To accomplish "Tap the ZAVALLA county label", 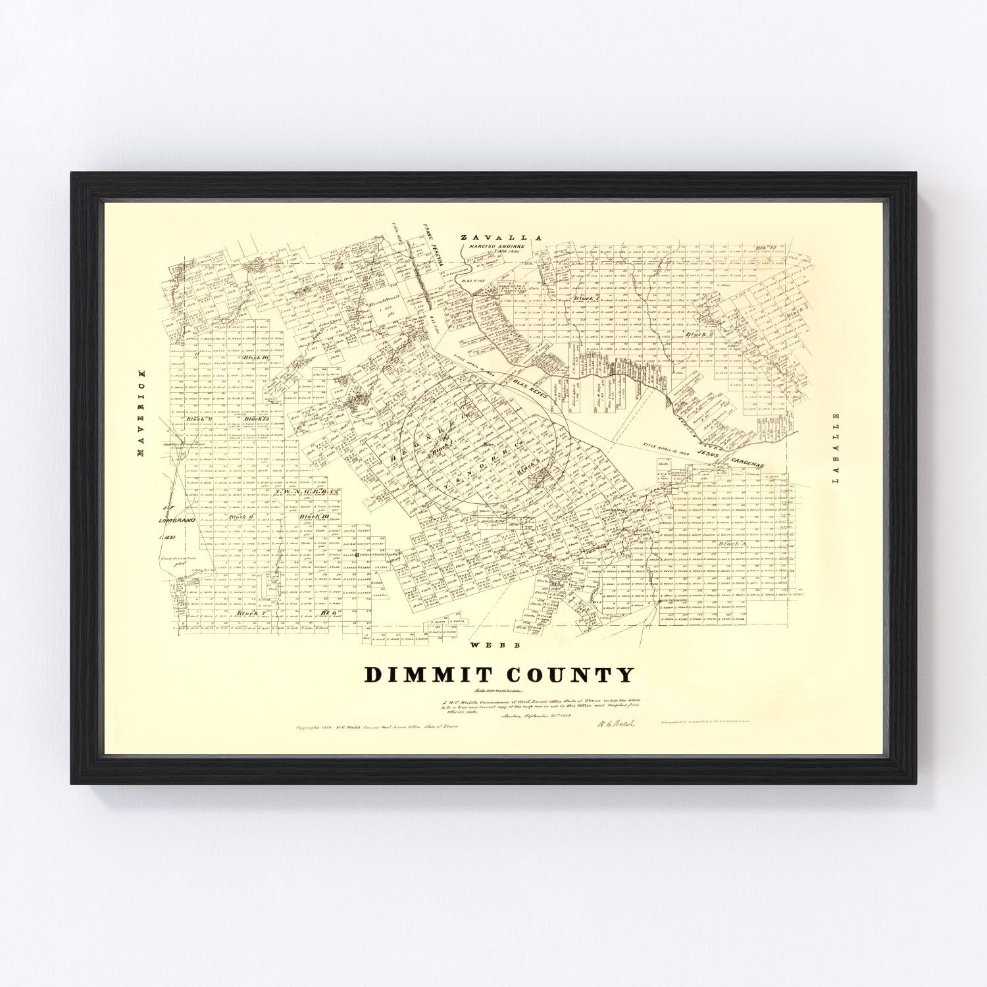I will (x=500, y=238).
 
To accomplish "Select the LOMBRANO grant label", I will (x=173, y=519).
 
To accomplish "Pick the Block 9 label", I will (x=197, y=419).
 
